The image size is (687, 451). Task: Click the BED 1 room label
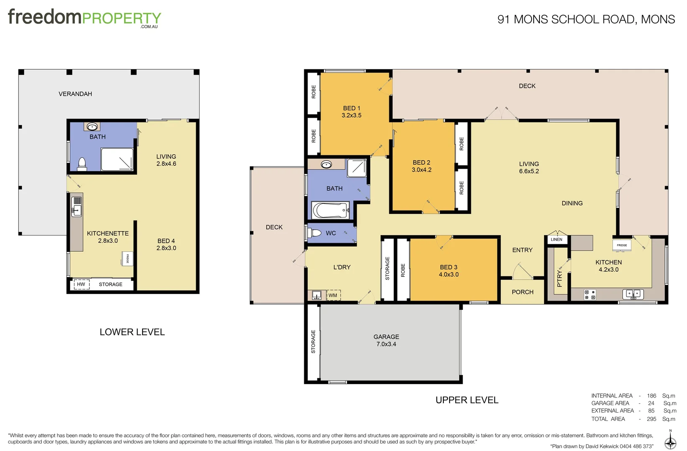(x=351, y=111)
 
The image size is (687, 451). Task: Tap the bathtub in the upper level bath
(x=331, y=210)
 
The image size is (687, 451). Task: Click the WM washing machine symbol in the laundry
(x=333, y=295)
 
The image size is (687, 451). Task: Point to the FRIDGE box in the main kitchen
(x=621, y=245)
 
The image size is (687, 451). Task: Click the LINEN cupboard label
(x=556, y=240)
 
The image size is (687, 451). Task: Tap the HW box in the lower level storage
(x=81, y=284)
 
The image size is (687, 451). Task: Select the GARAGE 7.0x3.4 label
(x=386, y=340)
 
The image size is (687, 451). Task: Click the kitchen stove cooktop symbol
(x=590, y=295)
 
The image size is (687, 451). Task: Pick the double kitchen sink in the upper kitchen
(x=633, y=294)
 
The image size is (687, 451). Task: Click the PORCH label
(x=522, y=292)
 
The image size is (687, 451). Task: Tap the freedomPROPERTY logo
(x=84, y=18)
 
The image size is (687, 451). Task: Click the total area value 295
(x=651, y=419)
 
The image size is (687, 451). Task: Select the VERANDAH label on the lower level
(x=75, y=94)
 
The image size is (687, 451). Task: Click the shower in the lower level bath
(x=117, y=160)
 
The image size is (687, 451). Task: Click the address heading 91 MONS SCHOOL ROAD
(x=586, y=19)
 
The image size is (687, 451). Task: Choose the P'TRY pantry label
(x=560, y=278)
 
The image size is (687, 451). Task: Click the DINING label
(x=572, y=203)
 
